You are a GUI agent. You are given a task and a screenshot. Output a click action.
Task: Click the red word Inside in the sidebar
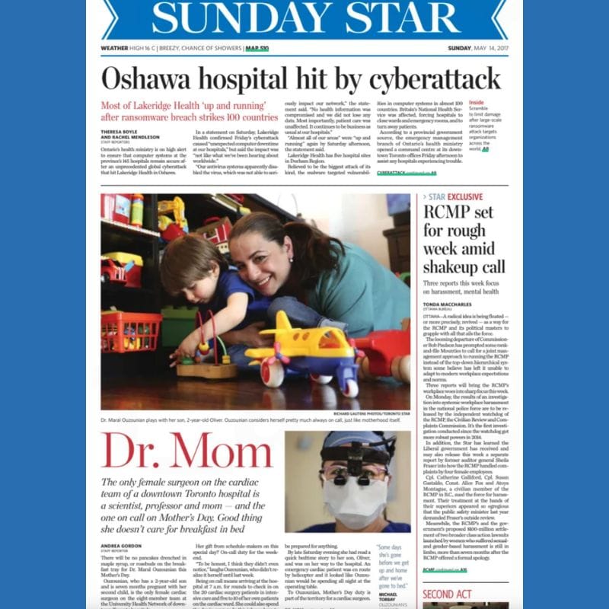(476, 101)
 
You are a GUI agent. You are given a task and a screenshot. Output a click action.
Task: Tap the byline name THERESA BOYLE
(120, 131)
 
